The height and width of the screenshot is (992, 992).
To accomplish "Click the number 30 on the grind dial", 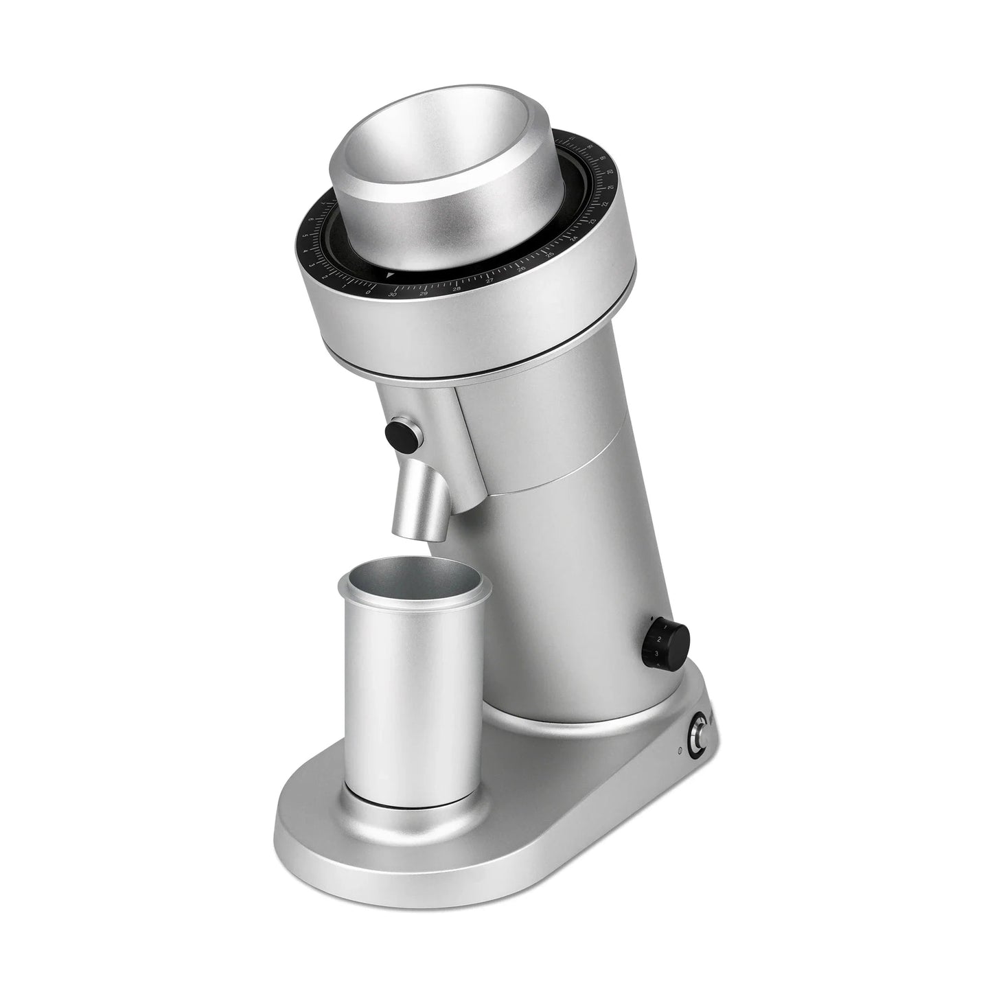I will click(x=393, y=293).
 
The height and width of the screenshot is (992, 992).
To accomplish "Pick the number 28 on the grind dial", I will click(x=457, y=289).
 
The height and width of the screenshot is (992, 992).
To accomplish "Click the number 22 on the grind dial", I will click(x=604, y=205).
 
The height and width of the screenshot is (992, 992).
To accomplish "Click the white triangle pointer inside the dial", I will click(x=391, y=275).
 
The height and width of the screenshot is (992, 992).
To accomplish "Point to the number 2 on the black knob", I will click(x=658, y=640).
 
